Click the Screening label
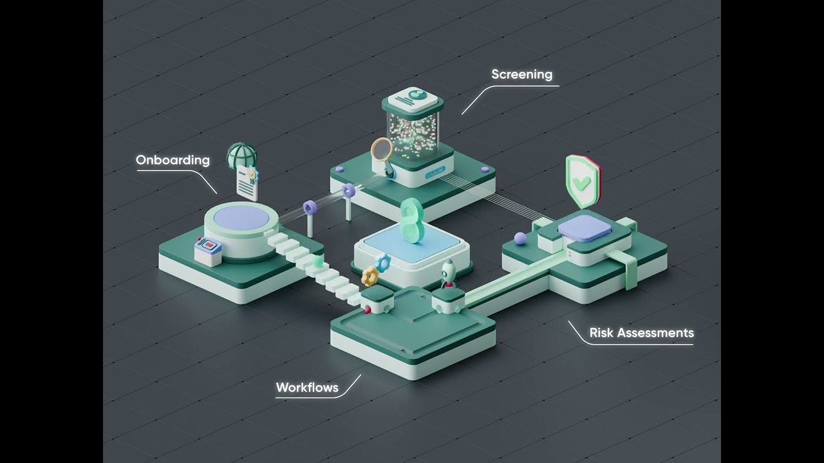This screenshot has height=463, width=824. click(521, 75)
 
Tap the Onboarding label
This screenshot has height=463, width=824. click(173, 160)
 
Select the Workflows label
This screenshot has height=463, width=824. click(307, 388)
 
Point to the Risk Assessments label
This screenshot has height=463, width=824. click(642, 333)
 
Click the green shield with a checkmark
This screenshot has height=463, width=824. click(583, 181)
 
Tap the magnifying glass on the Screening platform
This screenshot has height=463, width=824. click(383, 156)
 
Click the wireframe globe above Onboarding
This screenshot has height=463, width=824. click(241, 156)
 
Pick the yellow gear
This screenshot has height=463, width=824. click(370, 277)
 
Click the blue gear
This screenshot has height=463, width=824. click(383, 262)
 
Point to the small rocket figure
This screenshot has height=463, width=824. click(447, 273)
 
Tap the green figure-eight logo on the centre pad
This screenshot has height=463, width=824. click(412, 221)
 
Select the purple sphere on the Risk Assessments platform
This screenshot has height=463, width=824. click(520, 239)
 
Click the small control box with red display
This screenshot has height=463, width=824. click(208, 251)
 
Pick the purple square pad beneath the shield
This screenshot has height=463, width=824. click(585, 227)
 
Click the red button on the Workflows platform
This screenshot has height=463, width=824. click(367, 310)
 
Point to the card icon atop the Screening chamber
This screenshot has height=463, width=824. click(413, 98)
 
